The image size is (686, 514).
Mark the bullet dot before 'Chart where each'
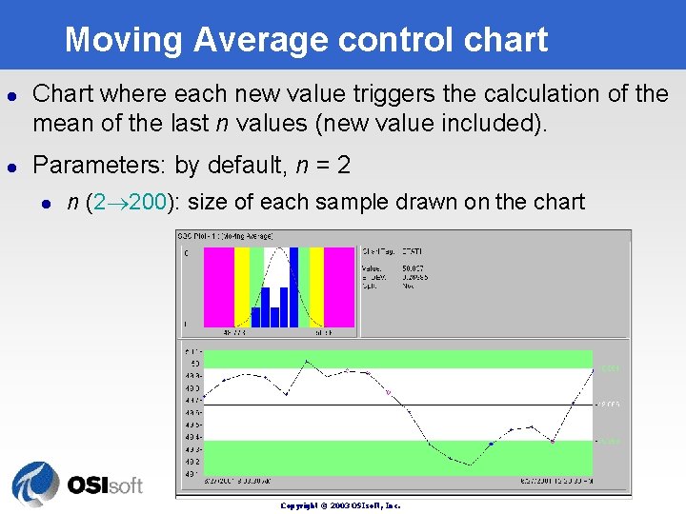pos(11,95)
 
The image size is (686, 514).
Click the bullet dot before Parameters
pos(11,167)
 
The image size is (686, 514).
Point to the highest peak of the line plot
pos(307,362)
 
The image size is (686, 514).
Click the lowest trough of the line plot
pos(469,465)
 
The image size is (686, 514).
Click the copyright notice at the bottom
pos(340,505)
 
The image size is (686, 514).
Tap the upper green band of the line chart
pos(400,359)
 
